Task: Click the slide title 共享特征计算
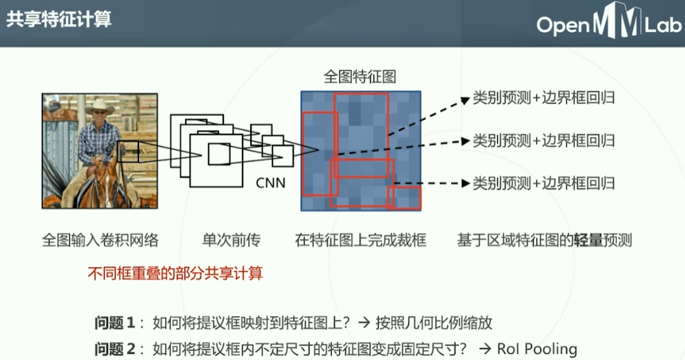click(x=59, y=20)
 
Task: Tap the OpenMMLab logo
click(x=609, y=23)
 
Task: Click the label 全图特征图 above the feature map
click(x=360, y=77)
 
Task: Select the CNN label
click(x=270, y=183)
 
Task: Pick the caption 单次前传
click(x=231, y=240)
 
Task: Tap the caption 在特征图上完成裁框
click(x=360, y=240)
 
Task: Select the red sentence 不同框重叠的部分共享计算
click(x=175, y=273)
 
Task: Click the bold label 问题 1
click(x=115, y=323)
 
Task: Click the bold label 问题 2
click(x=115, y=349)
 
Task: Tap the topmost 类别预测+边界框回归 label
click(x=543, y=98)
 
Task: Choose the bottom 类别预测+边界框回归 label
click(x=543, y=183)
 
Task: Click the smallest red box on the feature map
click(x=404, y=198)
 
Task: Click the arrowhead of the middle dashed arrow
click(x=466, y=141)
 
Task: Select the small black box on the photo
click(x=128, y=152)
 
